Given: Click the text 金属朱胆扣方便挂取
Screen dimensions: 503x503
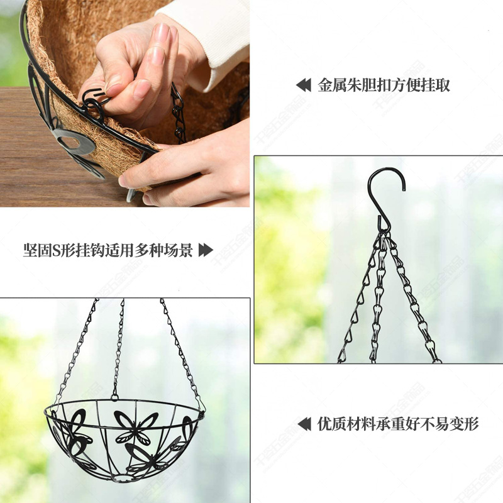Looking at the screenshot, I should [x=384, y=86].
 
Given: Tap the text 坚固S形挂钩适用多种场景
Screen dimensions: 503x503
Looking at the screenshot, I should [x=108, y=250].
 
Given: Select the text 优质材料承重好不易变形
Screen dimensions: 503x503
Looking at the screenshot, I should [x=398, y=424].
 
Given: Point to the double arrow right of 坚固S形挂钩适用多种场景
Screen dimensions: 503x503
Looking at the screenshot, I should [x=206, y=250].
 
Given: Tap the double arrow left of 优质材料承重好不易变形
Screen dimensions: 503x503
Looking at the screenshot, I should [x=304, y=424].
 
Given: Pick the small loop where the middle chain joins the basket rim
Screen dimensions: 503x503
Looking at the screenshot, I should [x=115, y=396].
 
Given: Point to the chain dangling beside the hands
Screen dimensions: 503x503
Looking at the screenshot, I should [x=179, y=113].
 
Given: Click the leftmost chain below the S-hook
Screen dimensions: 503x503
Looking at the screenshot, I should [x=358, y=302].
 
